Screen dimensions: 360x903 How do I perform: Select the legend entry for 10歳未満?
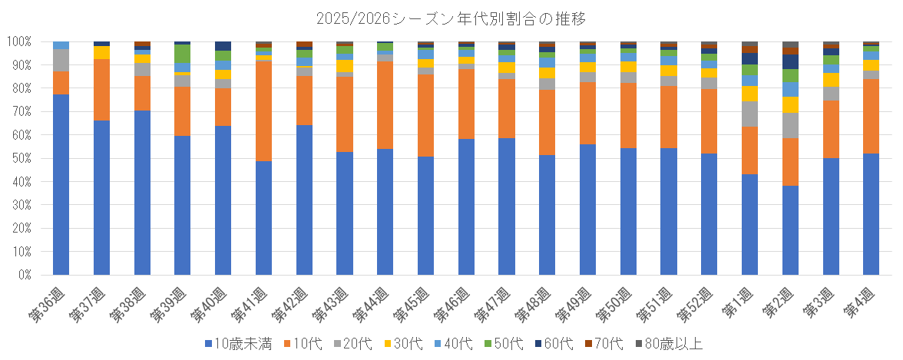point(239,344)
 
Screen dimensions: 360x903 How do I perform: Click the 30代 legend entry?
point(401,344)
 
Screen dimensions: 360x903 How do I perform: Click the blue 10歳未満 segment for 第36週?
point(61,184)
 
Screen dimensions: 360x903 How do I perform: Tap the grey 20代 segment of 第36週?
point(61,61)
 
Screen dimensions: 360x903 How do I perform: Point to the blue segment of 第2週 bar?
point(790,230)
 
